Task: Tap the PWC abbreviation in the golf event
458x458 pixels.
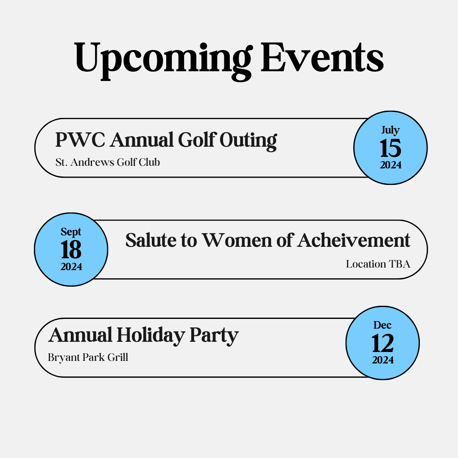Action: point(79,140)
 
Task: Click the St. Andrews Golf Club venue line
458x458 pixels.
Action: point(108,162)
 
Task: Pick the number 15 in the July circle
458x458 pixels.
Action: point(391,149)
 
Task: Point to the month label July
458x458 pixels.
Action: point(390,130)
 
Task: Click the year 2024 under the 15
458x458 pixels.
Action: point(391,165)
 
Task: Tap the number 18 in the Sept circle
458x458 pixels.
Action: point(71,251)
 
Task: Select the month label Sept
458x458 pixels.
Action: point(71,232)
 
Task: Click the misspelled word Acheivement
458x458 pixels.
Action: point(354,240)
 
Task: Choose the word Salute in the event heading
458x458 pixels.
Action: point(147,240)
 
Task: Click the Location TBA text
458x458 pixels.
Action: point(378,264)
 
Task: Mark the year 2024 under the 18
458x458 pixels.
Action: point(71,267)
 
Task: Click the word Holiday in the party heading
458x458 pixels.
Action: point(151,335)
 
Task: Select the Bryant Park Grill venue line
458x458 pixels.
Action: point(88,357)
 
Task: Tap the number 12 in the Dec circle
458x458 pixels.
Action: point(383,344)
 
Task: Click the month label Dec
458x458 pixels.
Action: point(383,325)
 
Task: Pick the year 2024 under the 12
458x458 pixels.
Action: point(383,360)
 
